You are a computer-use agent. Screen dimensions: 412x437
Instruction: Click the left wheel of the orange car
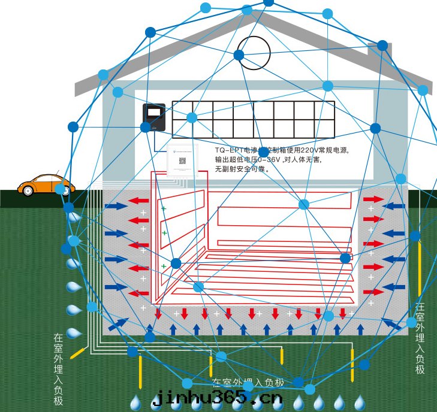pos(28,191)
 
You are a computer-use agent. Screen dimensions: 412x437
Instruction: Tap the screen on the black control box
pos(154,112)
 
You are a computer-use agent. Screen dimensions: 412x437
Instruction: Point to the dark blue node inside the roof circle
pos(239,55)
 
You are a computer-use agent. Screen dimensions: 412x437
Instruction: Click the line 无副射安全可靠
pos(243,169)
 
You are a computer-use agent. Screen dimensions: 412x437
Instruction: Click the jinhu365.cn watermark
pos(216,398)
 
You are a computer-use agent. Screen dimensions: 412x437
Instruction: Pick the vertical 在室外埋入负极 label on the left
pos(58,369)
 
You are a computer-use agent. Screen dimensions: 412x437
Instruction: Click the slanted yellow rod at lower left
pos(77,353)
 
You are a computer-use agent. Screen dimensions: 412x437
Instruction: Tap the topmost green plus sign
pos(163,208)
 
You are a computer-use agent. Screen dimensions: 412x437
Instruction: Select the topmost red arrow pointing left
pos(140,200)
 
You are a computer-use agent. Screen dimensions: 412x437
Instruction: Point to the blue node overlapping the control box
pos(145,128)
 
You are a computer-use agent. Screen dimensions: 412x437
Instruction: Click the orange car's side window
pos(42,180)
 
